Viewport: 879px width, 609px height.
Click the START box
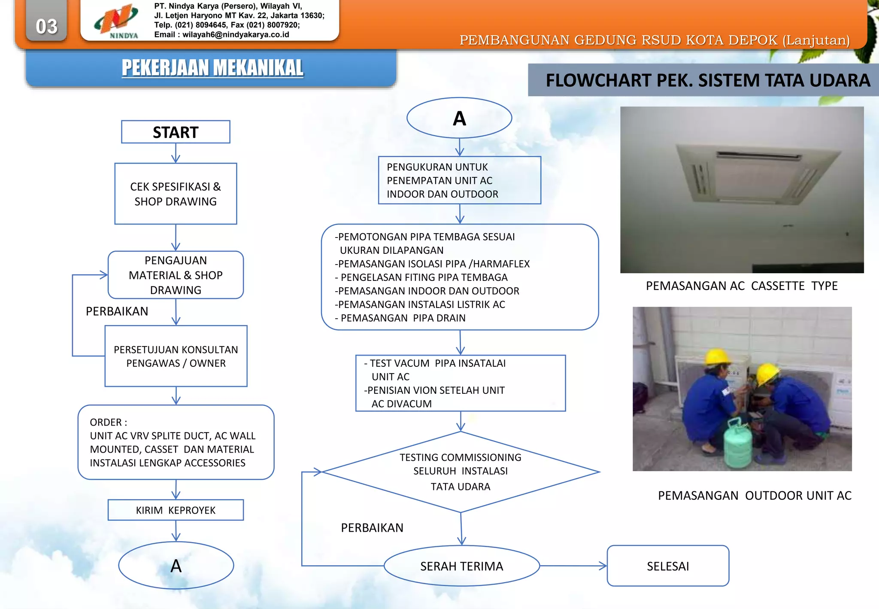tap(176, 132)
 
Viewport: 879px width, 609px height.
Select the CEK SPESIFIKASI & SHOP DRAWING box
tap(176, 194)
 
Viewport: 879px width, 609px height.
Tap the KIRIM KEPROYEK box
tap(176, 510)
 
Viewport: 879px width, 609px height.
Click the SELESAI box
tap(668, 566)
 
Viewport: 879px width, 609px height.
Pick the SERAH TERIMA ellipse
tap(461, 566)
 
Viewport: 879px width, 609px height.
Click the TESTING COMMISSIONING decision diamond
tap(461, 472)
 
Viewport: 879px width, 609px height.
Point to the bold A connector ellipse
tap(459, 118)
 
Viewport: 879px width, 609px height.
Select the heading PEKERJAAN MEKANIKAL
tap(212, 68)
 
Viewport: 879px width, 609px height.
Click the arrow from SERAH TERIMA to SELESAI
tap(573, 566)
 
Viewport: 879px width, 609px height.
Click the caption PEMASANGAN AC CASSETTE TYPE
tap(742, 286)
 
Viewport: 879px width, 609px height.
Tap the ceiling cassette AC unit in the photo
tap(758, 174)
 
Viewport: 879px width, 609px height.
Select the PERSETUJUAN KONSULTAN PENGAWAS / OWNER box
tap(176, 356)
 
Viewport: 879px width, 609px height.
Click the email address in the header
tap(236, 35)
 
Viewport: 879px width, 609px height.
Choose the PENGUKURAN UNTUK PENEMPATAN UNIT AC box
tap(459, 180)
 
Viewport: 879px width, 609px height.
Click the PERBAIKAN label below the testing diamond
tap(372, 528)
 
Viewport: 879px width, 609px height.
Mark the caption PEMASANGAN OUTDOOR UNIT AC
tap(755, 496)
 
